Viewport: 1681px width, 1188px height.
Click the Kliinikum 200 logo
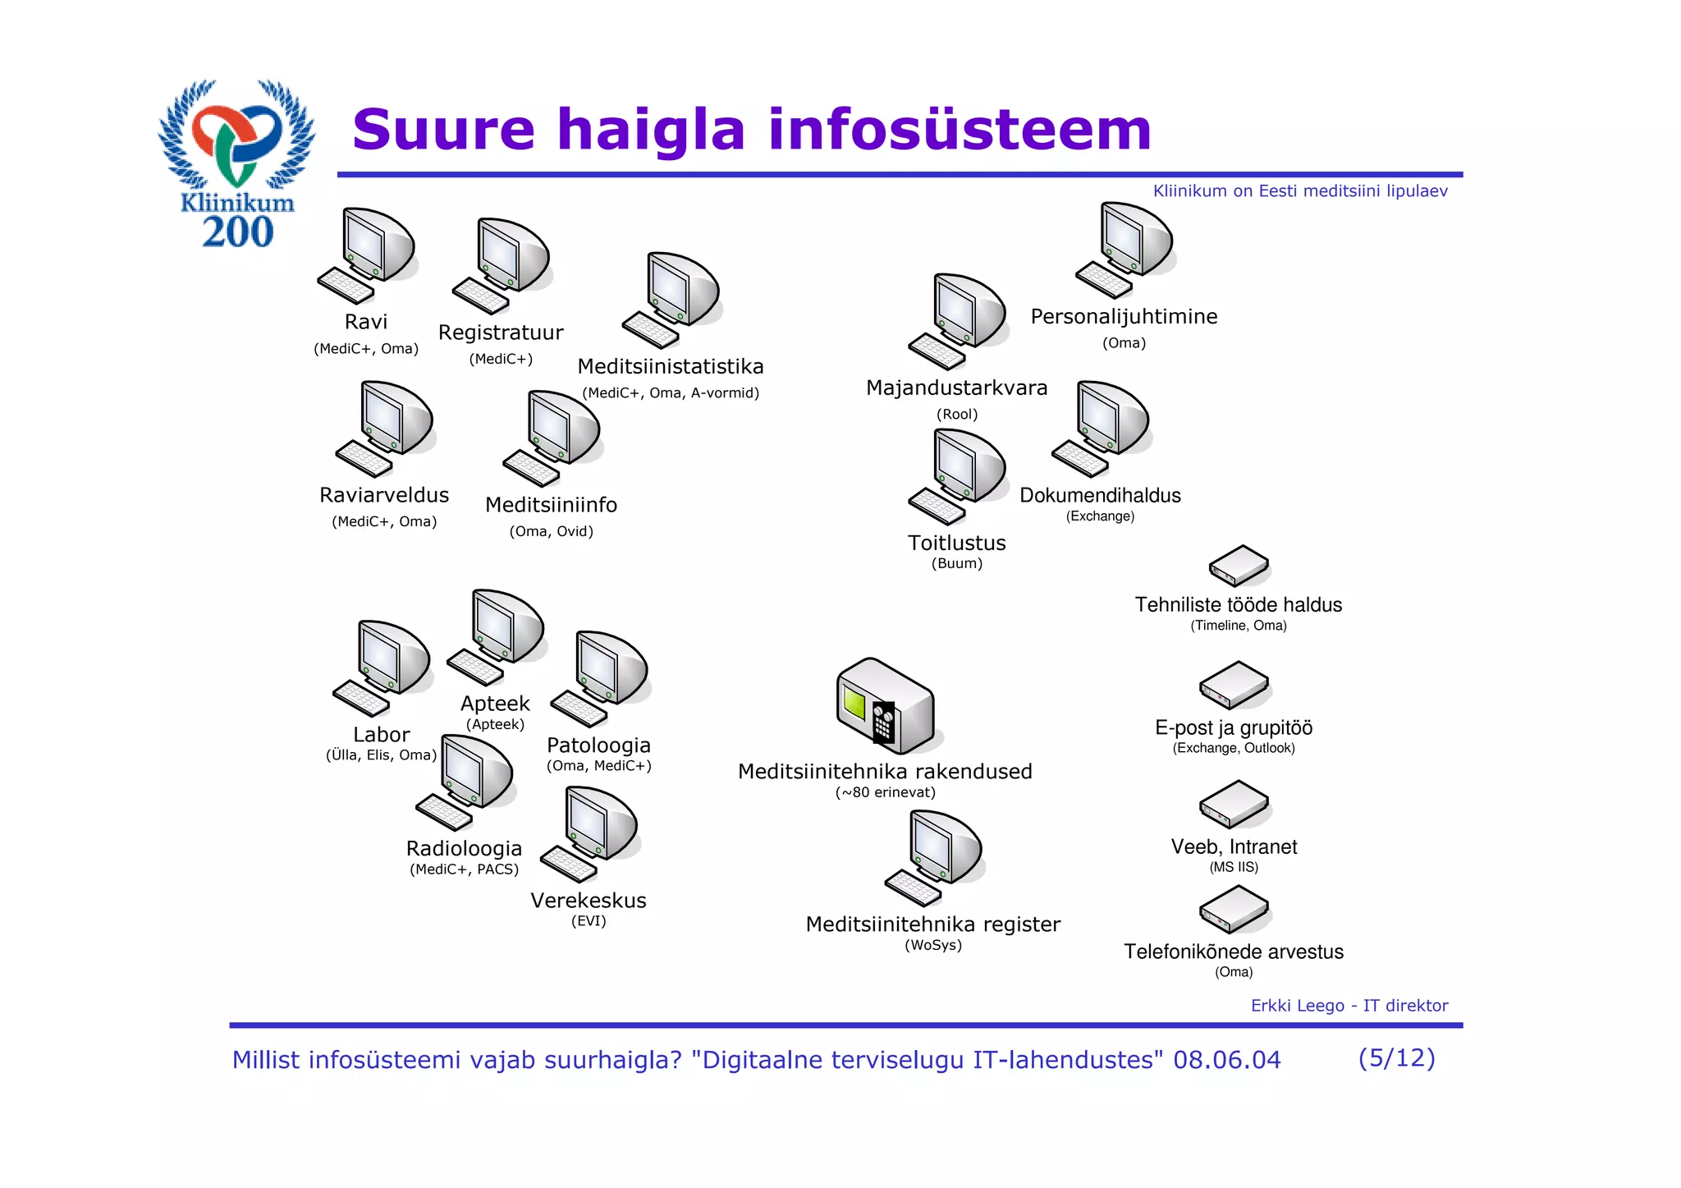click(236, 164)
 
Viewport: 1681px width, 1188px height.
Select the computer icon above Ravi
click(369, 255)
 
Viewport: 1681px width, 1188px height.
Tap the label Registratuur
click(501, 333)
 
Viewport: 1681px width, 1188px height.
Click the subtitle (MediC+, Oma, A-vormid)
click(671, 392)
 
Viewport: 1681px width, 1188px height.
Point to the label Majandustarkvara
click(956, 388)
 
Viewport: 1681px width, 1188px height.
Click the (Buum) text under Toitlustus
click(956, 563)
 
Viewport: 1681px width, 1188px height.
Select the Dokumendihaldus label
click(1100, 495)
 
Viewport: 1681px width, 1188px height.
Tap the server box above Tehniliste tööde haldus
click(1239, 565)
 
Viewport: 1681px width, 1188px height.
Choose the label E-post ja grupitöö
click(1234, 727)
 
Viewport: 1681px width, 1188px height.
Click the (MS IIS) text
click(1234, 867)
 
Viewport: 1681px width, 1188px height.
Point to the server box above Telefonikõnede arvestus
click(1234, 909)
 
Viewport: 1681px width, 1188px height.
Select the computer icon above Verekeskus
click(591, 833)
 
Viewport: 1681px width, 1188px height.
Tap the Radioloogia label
click(464, 848)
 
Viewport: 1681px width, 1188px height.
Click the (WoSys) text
click(933, 945)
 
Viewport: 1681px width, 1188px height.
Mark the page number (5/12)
click(1396, 1057)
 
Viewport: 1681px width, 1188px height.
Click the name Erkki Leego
click(1297, 1006)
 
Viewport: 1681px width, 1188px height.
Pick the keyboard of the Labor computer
click(361, 699)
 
